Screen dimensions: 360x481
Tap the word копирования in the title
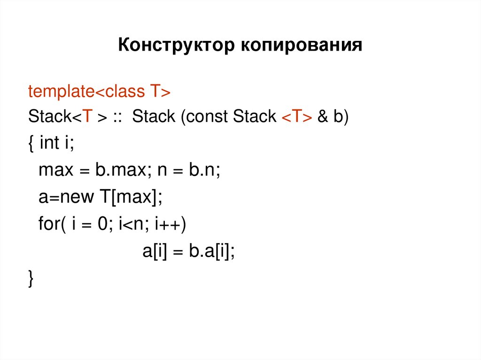click(x=302, y=46)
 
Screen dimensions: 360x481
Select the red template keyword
click(x=62, y=91)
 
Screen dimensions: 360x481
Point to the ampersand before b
click(x=323, y=117)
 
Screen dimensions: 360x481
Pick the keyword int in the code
click(x=49, y=143)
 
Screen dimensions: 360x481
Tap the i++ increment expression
click(x=170, y=224)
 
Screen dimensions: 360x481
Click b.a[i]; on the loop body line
click(x=211, y=252)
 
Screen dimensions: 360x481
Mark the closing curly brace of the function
click(x=31, y=279)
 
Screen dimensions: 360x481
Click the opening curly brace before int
click(x=31, y=144)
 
